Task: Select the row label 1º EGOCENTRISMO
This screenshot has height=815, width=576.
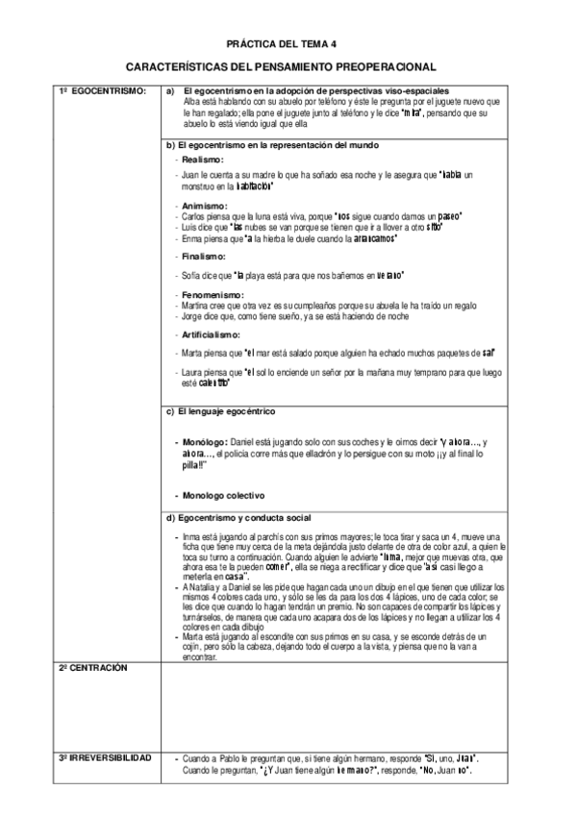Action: point(102,90)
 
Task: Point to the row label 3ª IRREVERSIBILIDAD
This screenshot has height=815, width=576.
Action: point(105,758)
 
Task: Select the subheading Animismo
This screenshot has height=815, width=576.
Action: point(204,206)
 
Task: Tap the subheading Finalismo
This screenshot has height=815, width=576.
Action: point(204,258)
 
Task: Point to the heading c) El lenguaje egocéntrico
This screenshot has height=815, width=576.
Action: point(220,411)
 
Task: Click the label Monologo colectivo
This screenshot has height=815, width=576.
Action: point(220,495)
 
